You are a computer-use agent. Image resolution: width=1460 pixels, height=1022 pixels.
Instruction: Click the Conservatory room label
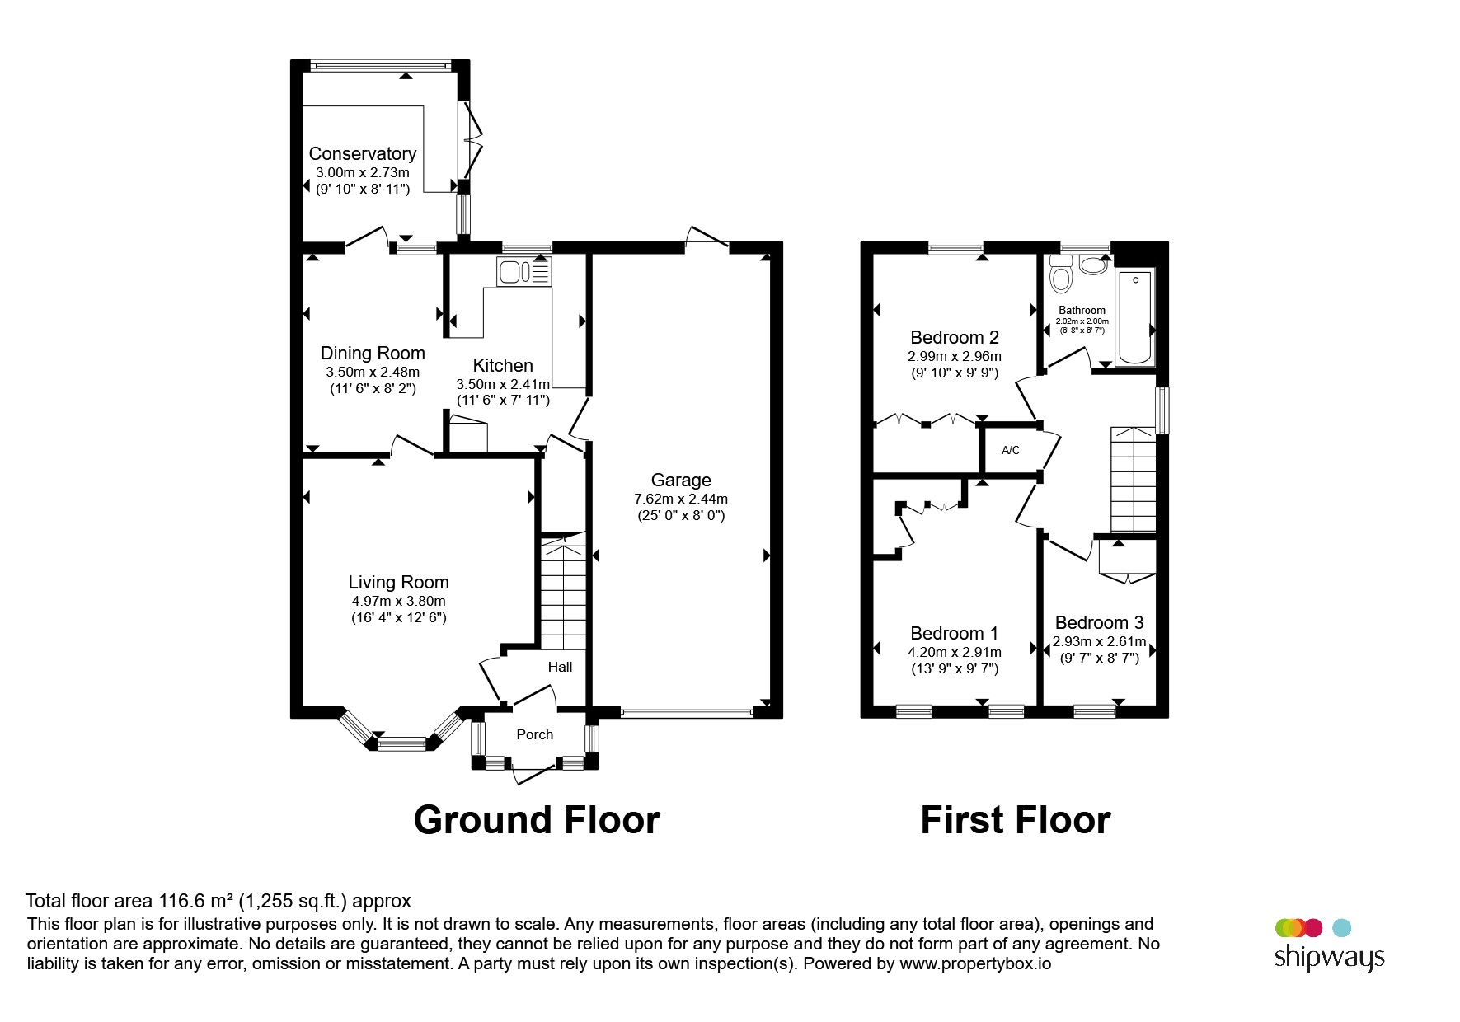(362, 153)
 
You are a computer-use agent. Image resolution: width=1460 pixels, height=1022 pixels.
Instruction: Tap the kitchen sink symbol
(523, 271)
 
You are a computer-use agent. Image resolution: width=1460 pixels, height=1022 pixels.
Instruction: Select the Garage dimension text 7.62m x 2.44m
(680, 499)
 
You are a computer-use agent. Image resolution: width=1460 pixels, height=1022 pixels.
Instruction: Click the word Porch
(534, 734)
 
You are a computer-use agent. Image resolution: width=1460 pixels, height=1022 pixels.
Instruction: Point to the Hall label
(560, 667)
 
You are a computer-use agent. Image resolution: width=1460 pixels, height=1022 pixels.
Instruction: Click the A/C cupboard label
(1010, 450)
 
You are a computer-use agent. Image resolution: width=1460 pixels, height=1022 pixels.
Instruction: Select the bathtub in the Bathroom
(1134, 316)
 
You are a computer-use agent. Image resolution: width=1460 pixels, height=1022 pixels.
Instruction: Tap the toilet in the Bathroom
(1061, 274)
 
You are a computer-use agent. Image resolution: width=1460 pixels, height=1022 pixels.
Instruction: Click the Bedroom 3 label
(1099, 622)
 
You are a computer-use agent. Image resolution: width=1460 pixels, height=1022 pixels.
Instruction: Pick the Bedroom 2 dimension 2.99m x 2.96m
(954, 356)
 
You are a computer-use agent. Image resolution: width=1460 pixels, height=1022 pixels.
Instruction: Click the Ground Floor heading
(537, 820)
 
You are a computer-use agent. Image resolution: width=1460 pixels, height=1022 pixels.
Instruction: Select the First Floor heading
(1015, 820)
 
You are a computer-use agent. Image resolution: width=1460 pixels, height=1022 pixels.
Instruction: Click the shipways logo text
(1329, 958)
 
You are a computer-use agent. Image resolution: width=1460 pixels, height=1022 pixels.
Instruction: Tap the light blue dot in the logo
(1341, 928)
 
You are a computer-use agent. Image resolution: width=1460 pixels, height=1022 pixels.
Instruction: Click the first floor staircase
(1134, 480)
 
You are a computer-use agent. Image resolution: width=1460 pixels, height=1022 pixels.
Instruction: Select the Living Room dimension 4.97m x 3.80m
(398, 601)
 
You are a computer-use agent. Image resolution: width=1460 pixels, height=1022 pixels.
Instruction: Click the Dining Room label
(373, 353)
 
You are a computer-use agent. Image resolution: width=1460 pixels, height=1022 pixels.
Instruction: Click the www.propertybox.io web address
(975, 963)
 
